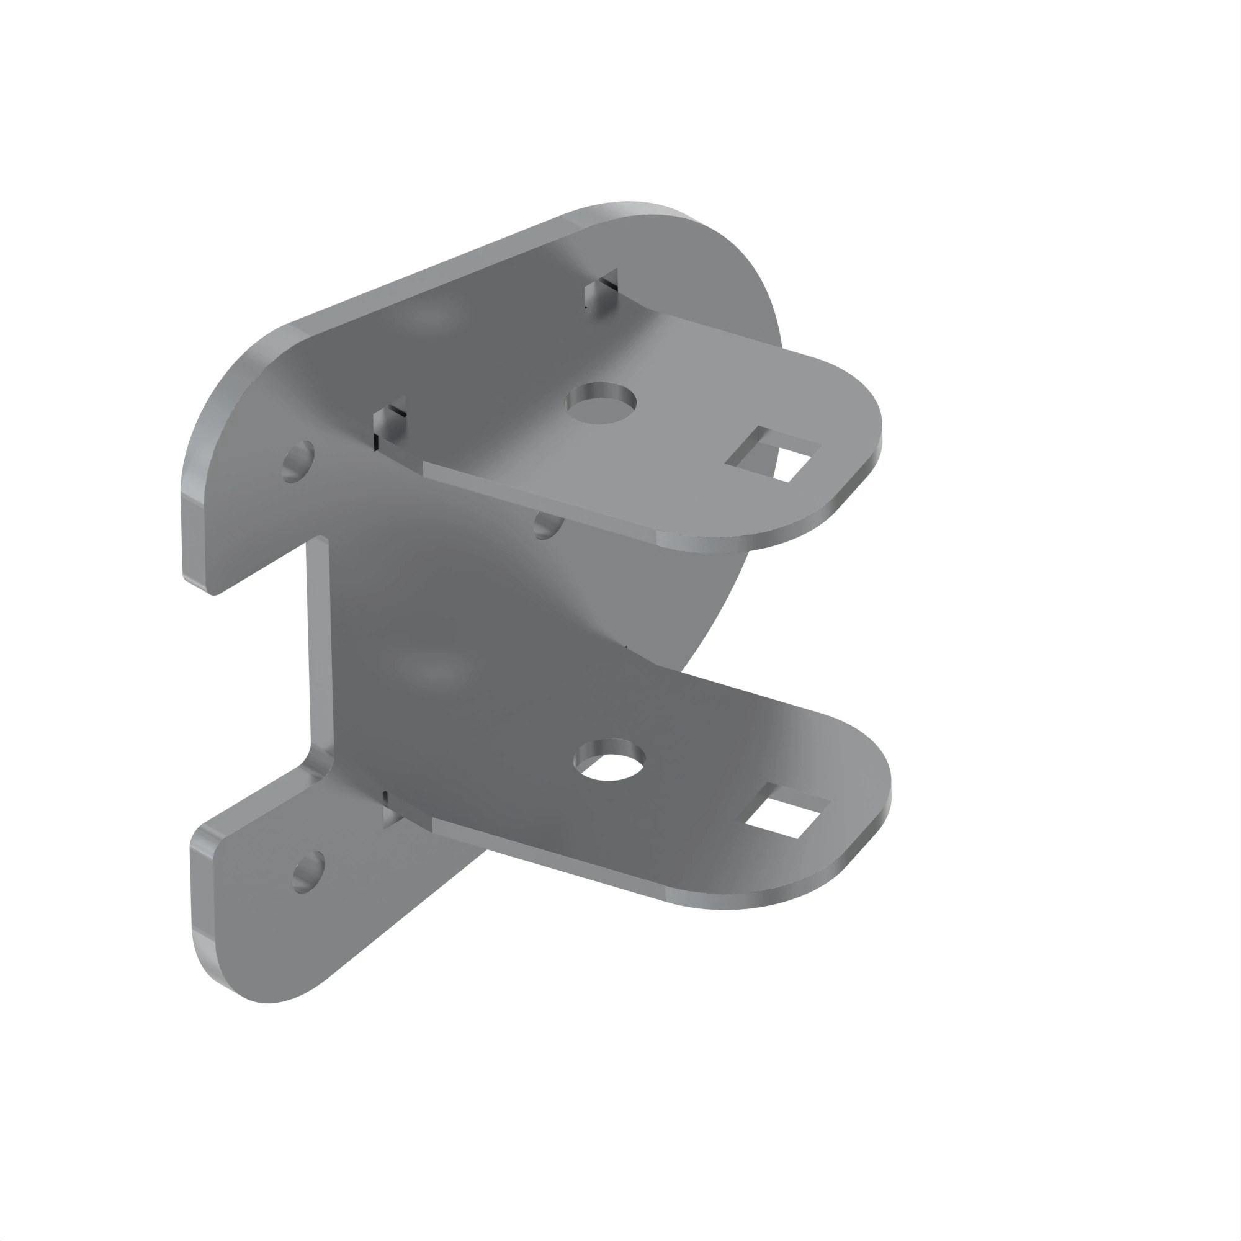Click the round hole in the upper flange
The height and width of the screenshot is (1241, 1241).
tap(601, 404)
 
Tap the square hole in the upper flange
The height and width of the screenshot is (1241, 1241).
tap(773, 454)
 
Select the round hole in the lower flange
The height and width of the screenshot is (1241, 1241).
tap(609, 760)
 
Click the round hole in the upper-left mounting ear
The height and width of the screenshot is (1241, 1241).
tap(298, 461)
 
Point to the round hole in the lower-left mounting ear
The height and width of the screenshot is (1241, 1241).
tap(308, 872)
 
